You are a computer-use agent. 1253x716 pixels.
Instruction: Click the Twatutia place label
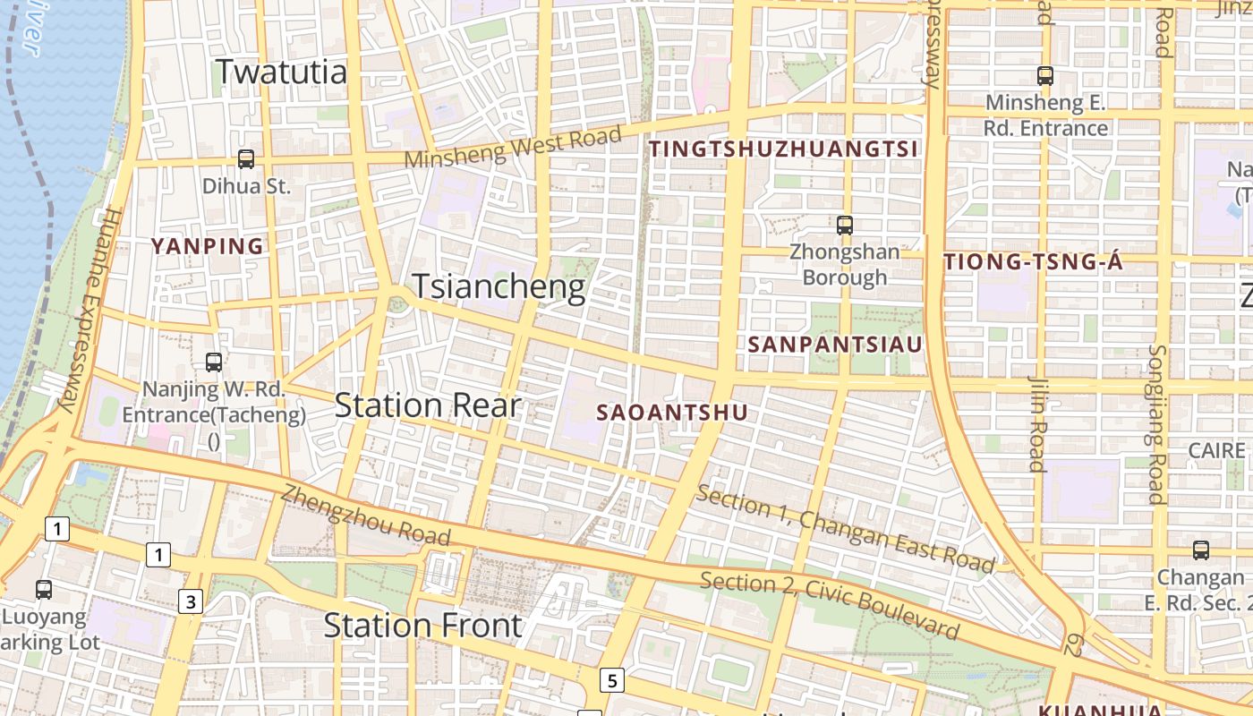click(282, 72)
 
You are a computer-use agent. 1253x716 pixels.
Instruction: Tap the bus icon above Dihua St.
click(246, 159)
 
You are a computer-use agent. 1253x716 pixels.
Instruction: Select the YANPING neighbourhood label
click(208, 246)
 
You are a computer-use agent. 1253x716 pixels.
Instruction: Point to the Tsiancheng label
click(499, 287)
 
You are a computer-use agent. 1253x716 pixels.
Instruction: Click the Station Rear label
click(428, 405)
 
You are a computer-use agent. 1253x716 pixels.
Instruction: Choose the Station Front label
click(422, 625)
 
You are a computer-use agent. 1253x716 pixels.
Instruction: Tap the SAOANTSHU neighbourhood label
click(671, 413)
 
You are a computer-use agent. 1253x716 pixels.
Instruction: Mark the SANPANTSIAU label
click(835, 344)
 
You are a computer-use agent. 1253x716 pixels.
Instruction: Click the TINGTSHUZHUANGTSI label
click(784, 149)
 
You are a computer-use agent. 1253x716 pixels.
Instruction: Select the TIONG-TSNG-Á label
click(1034, 262)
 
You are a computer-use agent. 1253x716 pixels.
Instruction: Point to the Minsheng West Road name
click(513, 147)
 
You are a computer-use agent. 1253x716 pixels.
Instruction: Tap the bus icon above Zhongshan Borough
click(844, 226)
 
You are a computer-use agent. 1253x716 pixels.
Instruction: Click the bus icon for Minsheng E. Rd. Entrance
click(1044, 76)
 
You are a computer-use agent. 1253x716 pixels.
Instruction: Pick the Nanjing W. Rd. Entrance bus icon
click(214, 362)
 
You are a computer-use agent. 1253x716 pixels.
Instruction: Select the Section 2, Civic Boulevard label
click(830, 605)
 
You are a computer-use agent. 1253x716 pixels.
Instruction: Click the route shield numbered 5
click(612, 681)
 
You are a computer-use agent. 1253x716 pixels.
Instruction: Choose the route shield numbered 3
click(191, 601)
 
